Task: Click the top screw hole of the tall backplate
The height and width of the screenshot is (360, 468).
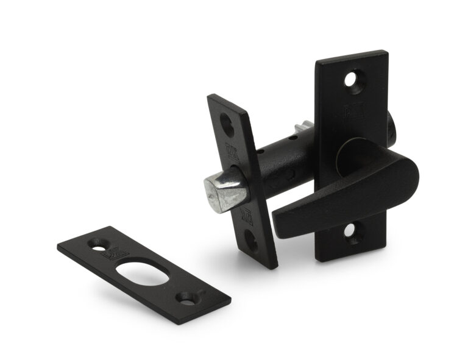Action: coord(352,79)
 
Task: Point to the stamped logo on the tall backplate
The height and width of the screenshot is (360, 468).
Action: coord(352,113)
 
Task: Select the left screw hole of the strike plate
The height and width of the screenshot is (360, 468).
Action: coord(96,244)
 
